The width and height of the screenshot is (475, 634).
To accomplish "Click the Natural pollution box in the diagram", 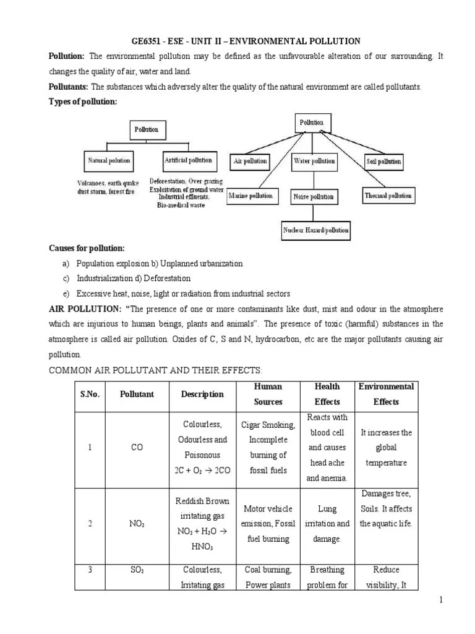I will click(109, 160).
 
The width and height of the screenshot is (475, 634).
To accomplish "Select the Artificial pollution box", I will click(188, 160).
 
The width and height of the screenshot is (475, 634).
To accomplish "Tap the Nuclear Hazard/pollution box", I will click(316, 230).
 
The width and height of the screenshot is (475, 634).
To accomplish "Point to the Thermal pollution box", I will click(388, 196).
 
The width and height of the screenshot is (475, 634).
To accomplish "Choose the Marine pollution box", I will click(250, 196).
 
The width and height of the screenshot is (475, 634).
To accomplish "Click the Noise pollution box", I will click(314, 197).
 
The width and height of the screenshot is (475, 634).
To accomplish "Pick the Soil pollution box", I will click(383, 162).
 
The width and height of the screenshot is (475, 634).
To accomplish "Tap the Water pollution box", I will click(314, 162).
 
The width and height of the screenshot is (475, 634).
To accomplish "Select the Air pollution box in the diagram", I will click(250, 162).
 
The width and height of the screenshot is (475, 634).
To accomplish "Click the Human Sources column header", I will click(268, 394).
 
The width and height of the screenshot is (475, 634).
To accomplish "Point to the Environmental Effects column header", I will click(386, 394).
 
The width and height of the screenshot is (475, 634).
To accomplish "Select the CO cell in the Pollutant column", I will click(137, 448).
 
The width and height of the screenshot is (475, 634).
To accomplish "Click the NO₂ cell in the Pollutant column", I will click(137, 523).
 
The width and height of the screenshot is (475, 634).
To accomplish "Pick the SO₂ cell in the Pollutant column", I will click(137, 570).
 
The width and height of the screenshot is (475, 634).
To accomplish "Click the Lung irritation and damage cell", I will click(327, 524).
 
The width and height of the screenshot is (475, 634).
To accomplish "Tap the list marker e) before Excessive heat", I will click(66, 293).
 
